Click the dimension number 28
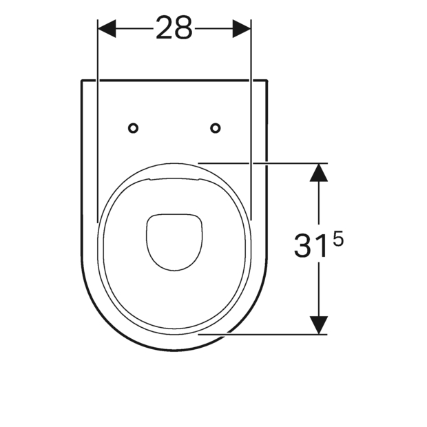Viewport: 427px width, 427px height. (x=174, y=28)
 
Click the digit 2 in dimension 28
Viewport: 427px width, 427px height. (x=164, y=28)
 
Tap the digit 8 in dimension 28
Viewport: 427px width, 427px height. (x=184, y=28)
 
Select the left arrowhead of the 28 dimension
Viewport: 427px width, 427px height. (x=107, y=28)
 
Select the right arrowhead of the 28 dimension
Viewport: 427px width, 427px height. (x=242, y=28)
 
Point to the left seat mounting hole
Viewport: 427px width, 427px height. (x=133, y=128)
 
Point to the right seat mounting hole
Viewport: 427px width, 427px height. (x=216, y=128)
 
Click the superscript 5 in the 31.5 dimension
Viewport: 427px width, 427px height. (x=338, y=240)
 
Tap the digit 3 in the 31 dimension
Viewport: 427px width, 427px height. (x=303, y=246)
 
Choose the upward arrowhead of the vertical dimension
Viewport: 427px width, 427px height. (x=319, y=172)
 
